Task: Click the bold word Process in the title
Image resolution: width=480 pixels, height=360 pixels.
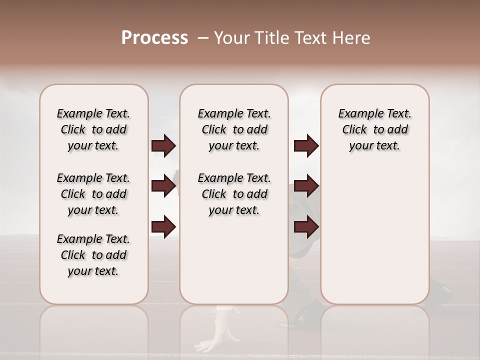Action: pyautogui.click(x=154, y=38)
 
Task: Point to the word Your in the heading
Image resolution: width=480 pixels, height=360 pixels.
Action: pyautogui.click(x=231, y=38)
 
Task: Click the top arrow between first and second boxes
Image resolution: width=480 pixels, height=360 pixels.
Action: pyautogui.click(x=163, y=146)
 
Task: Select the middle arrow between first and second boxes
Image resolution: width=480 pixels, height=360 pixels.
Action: pyautogui.click(x=163, y=186)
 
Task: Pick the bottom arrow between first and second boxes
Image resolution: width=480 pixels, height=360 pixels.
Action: pyautogui.click(x=163, y=227)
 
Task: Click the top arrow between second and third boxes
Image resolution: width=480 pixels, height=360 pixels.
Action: pyautogui.click(x=306, y=146)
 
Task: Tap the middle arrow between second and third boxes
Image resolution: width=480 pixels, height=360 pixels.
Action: pyautogui.click(x=306, y=186)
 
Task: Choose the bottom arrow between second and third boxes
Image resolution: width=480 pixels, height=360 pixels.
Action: pyautogui.click(x=306, y=227)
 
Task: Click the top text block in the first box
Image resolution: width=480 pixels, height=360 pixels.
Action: pyautogui.click(x=93, y=129)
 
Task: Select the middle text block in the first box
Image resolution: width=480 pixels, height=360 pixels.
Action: pyautogui.click(x=93, y=194)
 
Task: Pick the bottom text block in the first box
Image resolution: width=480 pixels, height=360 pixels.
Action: pyautogui.click(x=93, y=255)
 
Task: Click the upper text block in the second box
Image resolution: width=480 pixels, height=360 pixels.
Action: pyautogui.click(x=234, y=129)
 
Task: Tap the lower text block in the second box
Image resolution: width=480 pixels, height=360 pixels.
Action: pyautogui.click(x=234, y=194)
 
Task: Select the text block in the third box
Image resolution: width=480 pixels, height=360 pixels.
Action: pyautogui.click(x=374, y=129)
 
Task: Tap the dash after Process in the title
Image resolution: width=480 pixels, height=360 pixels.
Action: pyautogui.click(x=203, y=38)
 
